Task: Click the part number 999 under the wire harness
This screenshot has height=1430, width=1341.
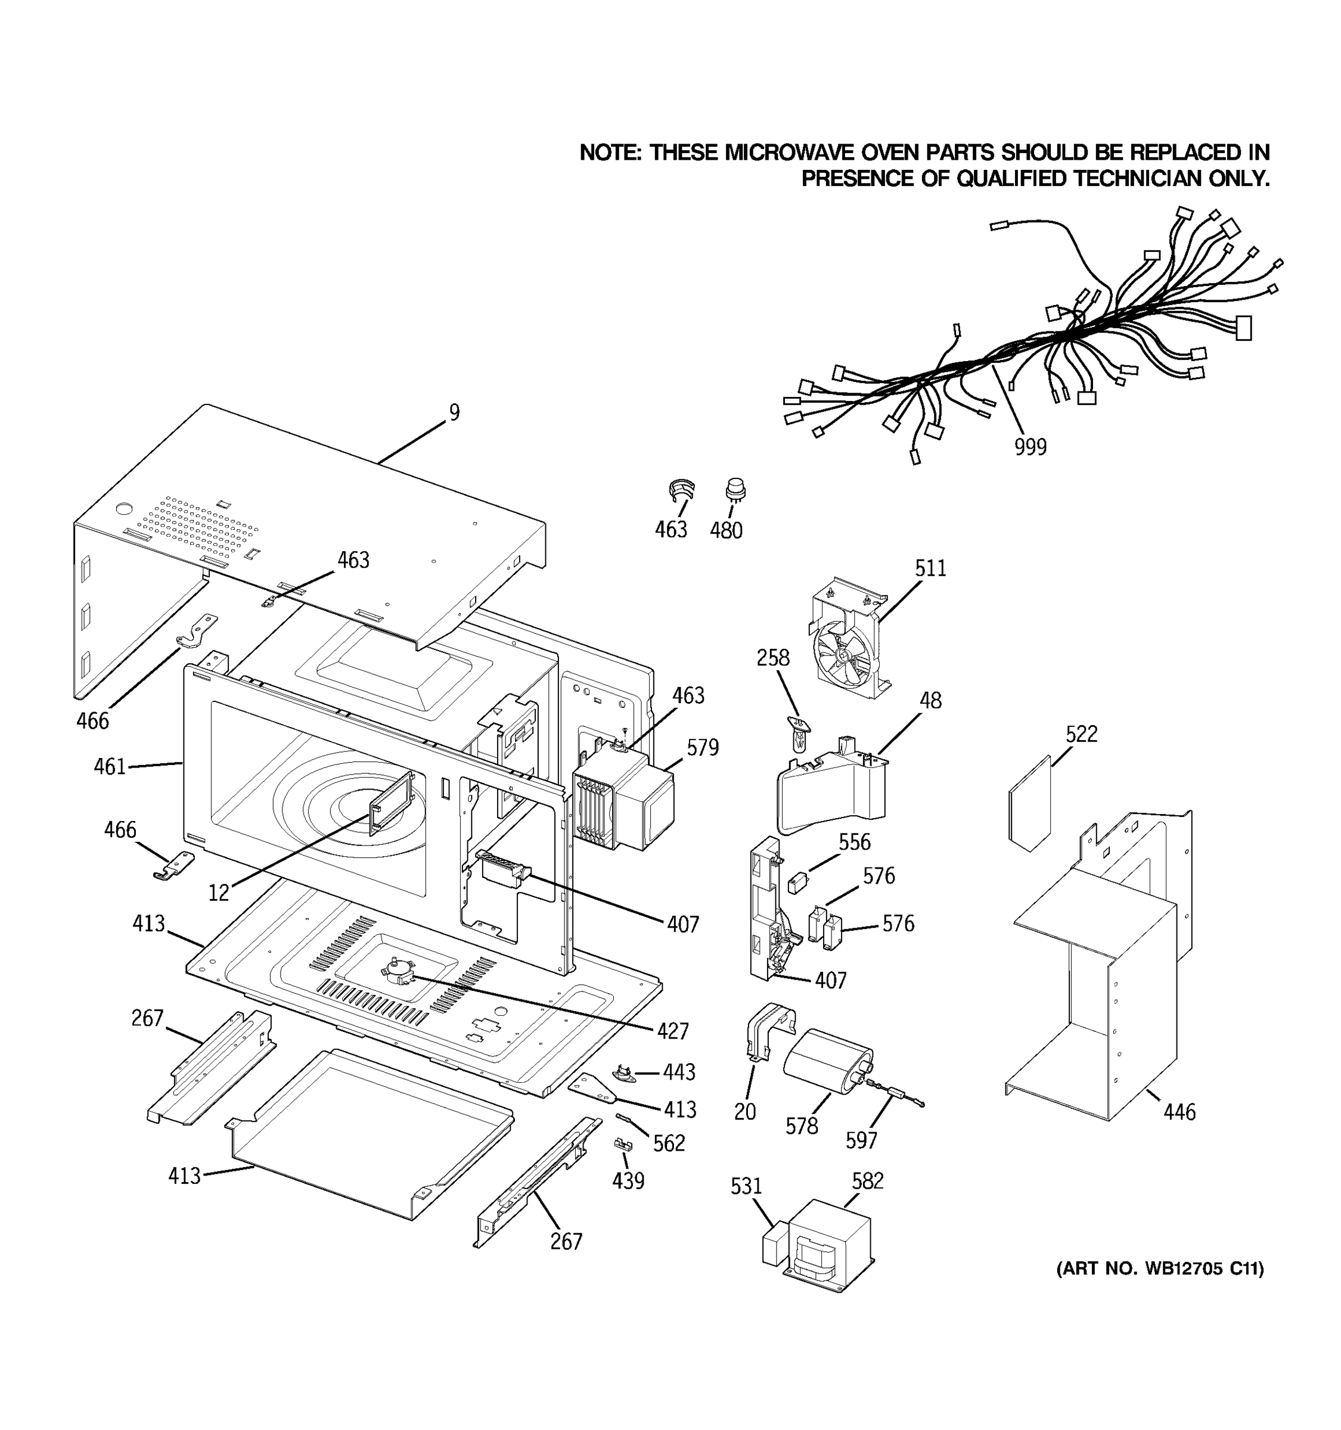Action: [x=1030, y=447]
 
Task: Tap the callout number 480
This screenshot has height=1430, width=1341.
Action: [x=726, y=531]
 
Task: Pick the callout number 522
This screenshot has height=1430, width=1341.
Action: [x=1081, y=735]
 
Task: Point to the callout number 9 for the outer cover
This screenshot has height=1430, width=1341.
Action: [x=454, y=412]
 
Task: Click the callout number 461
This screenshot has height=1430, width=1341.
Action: [x=110, y=767]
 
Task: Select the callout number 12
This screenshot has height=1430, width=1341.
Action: [x=219, y=893]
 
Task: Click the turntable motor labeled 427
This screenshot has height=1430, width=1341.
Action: [x=396, y=972]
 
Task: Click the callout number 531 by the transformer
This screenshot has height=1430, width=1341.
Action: [x=746, y=1186]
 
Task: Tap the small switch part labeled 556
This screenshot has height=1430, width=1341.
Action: [x=796, y=882]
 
